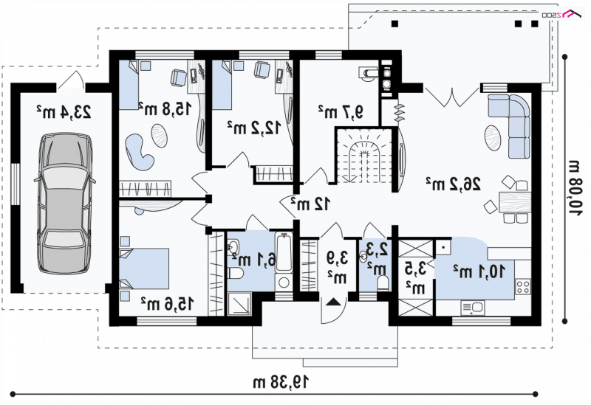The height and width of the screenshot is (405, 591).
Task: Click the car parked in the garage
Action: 64,204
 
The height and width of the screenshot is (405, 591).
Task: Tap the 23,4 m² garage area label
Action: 64,112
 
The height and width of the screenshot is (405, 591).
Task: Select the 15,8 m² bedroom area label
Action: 164,108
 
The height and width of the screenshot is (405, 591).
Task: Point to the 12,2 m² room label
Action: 254,128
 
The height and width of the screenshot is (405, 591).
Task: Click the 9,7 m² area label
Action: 341,111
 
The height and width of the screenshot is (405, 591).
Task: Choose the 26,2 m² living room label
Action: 454,184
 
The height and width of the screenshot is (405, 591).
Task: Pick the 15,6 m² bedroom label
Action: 168,303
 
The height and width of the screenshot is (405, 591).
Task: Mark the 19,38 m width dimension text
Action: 281,381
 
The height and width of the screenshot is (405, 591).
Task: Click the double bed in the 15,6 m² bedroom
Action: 144,269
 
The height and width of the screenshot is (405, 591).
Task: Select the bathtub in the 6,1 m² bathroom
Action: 284,252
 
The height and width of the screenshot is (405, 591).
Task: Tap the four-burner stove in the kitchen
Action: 523,286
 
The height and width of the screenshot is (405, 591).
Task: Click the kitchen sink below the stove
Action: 473,308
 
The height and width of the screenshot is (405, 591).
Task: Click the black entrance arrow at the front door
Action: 333,302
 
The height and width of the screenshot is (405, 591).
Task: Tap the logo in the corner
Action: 562,14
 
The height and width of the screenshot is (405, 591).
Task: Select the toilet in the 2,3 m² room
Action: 383,283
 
